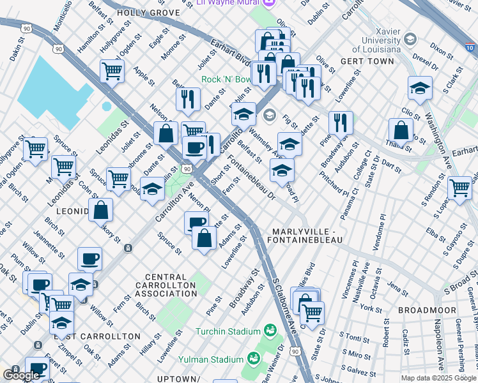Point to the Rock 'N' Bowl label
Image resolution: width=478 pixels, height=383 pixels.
(x=227, y=79)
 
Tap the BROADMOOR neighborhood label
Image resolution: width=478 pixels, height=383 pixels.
(x=427, y=310)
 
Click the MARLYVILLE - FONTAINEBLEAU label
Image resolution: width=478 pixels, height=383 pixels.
(x=307, y=236)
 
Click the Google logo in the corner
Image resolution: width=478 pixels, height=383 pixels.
(x=22, y=375)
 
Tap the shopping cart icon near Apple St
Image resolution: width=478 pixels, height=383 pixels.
(x=112, y=70)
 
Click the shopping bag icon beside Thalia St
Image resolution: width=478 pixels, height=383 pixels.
(x=401, y=130)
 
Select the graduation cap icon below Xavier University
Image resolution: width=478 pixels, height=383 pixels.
(x=420, y=87)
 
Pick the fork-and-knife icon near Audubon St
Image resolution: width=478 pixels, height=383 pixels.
(x=341, y=122)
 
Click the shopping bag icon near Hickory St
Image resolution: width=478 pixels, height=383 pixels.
(x=101, y=209)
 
